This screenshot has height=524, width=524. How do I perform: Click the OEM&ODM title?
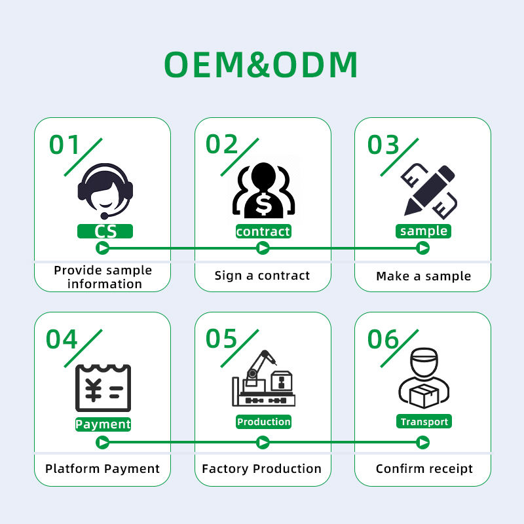pos(261,64)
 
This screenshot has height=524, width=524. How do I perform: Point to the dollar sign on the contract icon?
pos(262,205)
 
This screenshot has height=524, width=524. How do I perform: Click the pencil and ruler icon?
pos(427,190)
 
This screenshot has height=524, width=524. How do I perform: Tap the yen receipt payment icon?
pos(103,388)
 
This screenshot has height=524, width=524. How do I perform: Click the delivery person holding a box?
pos(424,380)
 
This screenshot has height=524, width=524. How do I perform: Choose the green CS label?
pos(105,231)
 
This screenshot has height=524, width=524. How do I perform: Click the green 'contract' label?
pos(263,231)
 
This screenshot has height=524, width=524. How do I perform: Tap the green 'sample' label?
pos(423,231)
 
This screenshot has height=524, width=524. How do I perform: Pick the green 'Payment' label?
pos(103,424)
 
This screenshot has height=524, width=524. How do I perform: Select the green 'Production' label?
pos(263,422)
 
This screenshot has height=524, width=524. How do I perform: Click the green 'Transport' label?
pos(424,422)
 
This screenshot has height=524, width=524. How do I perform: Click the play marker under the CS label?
pos(102,248)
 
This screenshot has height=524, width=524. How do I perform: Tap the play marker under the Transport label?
pos(423,443)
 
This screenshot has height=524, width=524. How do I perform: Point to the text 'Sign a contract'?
pos(262,276)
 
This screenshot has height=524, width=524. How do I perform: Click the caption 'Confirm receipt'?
pos(424,469)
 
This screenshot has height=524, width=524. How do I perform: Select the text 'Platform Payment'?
pos(102,469)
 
